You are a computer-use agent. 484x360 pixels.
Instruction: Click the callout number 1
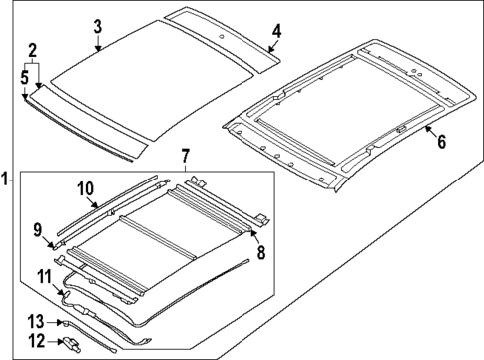point(6,180)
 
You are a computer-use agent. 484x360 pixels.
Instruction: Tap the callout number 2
point(32,51)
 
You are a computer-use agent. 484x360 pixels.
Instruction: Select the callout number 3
point(97,26)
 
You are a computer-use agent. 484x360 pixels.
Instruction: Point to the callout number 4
point(277,31)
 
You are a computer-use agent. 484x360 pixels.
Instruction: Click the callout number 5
point(24,75)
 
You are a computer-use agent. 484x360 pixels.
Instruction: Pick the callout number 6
point(440,141)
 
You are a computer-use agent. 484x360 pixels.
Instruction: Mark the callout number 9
point(37,231)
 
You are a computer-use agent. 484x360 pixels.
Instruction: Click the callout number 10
point(85,187)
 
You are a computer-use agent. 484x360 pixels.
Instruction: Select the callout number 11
point(44,276)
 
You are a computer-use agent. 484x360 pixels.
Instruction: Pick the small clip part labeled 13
point(64,322)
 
